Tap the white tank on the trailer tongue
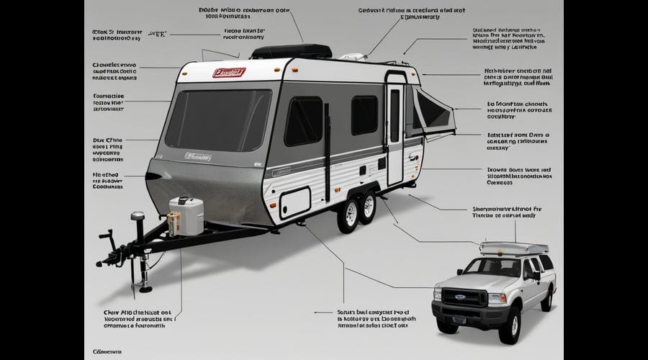pos(186,215)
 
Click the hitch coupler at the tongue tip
pos(112,257)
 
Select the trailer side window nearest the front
pos(303,121)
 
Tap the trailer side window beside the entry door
pos(364,115)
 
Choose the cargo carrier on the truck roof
pos(513,248)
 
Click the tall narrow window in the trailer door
pos(395,115)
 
